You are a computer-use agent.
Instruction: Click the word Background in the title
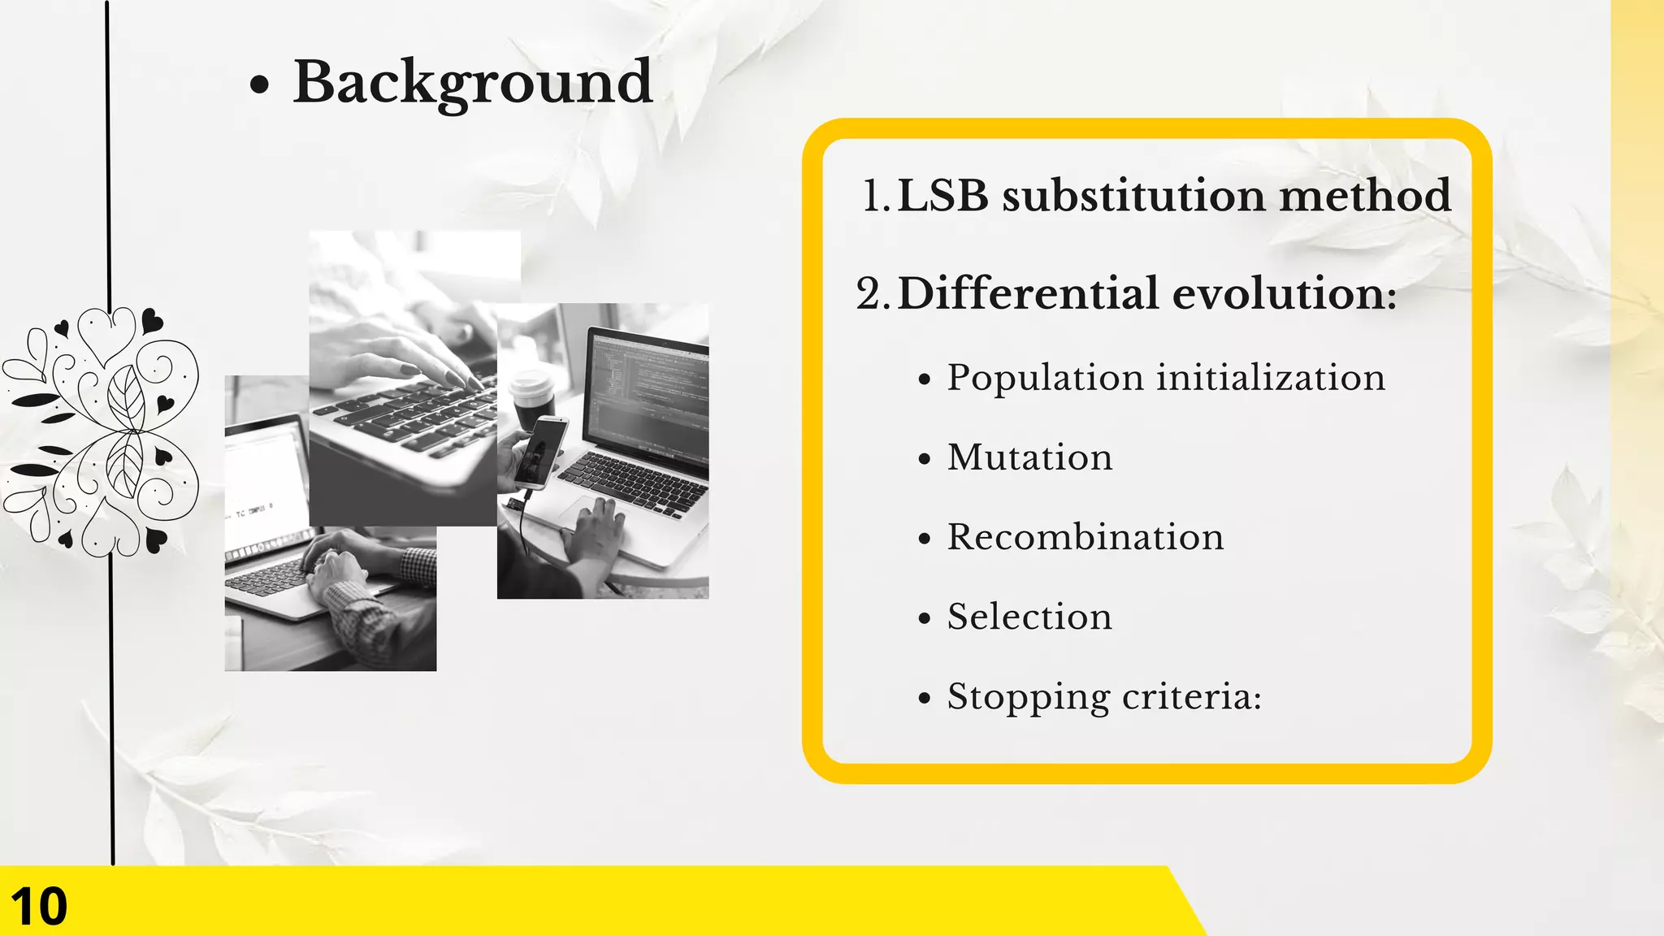pyautogui.click(x=472, y=83)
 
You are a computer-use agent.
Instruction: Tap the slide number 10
pyautogui.click(x=39, y=906)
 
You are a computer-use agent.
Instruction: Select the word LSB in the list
pyautogui.click(x=942, y=197)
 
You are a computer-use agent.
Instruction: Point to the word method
pyautogui.click(x=1365, y=197)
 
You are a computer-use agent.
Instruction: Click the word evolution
pyautogui.click(x=1284, y=293)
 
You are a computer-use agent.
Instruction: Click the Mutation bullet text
pyautogui.click(x=1029, y=457)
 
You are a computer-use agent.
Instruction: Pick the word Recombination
pyautogui.click(x=1085, y=537)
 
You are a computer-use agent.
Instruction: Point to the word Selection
pyautogui.click(x=1029, y=617)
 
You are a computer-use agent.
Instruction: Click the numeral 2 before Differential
pyautogui.click(x=869, y=294)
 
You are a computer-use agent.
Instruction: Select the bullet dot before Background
pyautogui.click(x=259, y=84)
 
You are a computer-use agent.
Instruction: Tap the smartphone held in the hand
pyautogui.click(x=541, y=451)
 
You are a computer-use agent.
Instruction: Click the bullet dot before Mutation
pyautogui.click(x=924, y=460)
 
